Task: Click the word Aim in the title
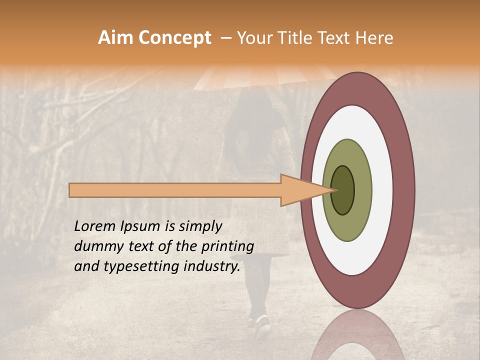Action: click(116, 38)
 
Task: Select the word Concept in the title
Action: click(174, 38)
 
